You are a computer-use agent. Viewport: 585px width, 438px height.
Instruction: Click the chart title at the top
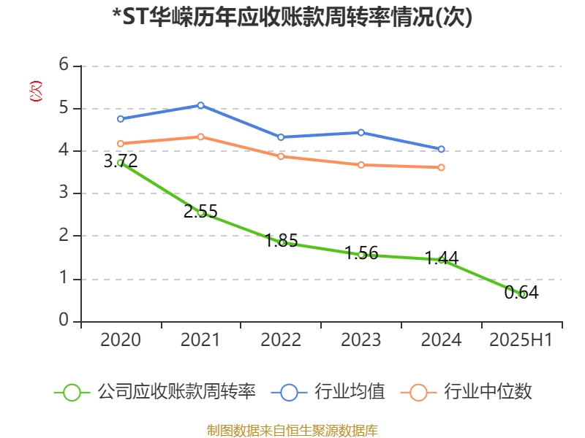(292, 18)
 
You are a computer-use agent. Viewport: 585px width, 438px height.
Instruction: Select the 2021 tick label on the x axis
(200, 339)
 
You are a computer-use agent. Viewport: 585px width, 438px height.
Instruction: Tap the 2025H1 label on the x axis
(521, 339)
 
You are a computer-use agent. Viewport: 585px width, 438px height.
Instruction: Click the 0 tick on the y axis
(64, 320)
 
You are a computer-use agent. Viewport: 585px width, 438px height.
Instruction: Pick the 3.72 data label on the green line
(121, 161)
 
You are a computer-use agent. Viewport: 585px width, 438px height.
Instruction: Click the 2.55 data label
(200, 212)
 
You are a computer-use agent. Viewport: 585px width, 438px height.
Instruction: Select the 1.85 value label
(281, 241)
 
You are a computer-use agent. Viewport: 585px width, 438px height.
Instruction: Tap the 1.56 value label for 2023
(361, 253)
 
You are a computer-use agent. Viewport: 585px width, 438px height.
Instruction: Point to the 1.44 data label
(442, 258)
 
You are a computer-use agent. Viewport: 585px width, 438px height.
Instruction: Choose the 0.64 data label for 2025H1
(521, 293)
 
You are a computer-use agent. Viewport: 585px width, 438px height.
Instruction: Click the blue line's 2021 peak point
(200, 105)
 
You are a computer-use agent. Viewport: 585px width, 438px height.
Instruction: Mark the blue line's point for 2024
(442, 149)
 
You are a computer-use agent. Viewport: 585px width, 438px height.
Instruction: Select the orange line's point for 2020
(121, 144)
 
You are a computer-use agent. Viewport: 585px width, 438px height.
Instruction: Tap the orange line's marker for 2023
(361, 165)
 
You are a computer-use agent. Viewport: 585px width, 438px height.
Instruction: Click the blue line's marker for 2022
(281, 137)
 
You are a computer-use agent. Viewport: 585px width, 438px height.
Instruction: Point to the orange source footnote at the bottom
(292, 430)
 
